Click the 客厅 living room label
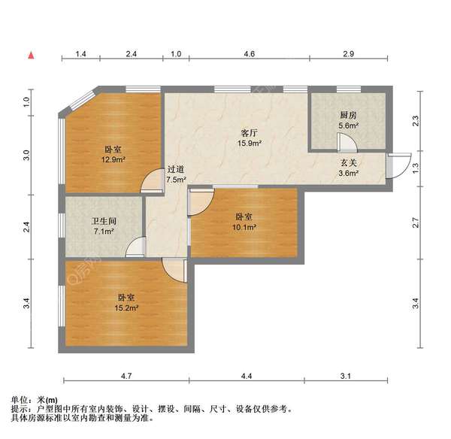[249, 132]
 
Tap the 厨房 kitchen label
[347, 115]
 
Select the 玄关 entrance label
[348, 163]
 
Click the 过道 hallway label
[176, 170]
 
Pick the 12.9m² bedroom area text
[113, 159]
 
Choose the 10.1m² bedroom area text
[245, 227]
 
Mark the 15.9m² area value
[249, 143]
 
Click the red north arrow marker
[31, 56]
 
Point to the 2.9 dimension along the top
[348, 55]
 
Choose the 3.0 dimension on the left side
[26, 156]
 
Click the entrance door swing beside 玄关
[399, 163]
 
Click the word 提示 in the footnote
[19, 409]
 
